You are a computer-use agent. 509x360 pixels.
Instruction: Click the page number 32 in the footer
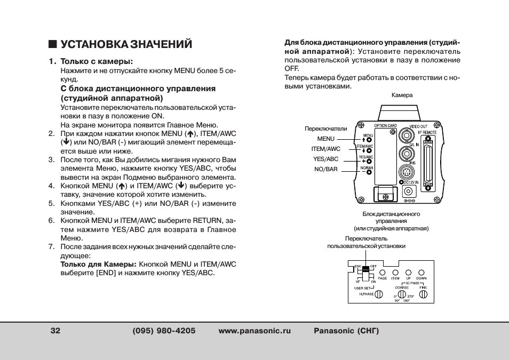coord(55,331)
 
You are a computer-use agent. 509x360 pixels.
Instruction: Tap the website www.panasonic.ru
coord(254,331)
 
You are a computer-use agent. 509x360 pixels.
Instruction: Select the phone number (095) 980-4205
coord(164,331)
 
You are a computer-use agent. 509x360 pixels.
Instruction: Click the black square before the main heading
coord(52,44)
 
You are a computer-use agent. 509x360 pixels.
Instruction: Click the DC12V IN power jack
coord(409,202)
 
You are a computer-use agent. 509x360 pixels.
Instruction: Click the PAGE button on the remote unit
coord(382,272)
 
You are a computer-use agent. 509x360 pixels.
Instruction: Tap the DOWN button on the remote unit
coord(421,272)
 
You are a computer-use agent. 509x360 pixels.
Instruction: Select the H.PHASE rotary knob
coord(378,294)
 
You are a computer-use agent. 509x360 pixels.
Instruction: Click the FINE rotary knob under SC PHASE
coord(423,294)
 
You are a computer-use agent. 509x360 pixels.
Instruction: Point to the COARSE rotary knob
coord(402,294)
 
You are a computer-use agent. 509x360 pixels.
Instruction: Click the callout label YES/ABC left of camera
coord(325,159)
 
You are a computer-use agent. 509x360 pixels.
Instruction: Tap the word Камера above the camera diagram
coord(402,95)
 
